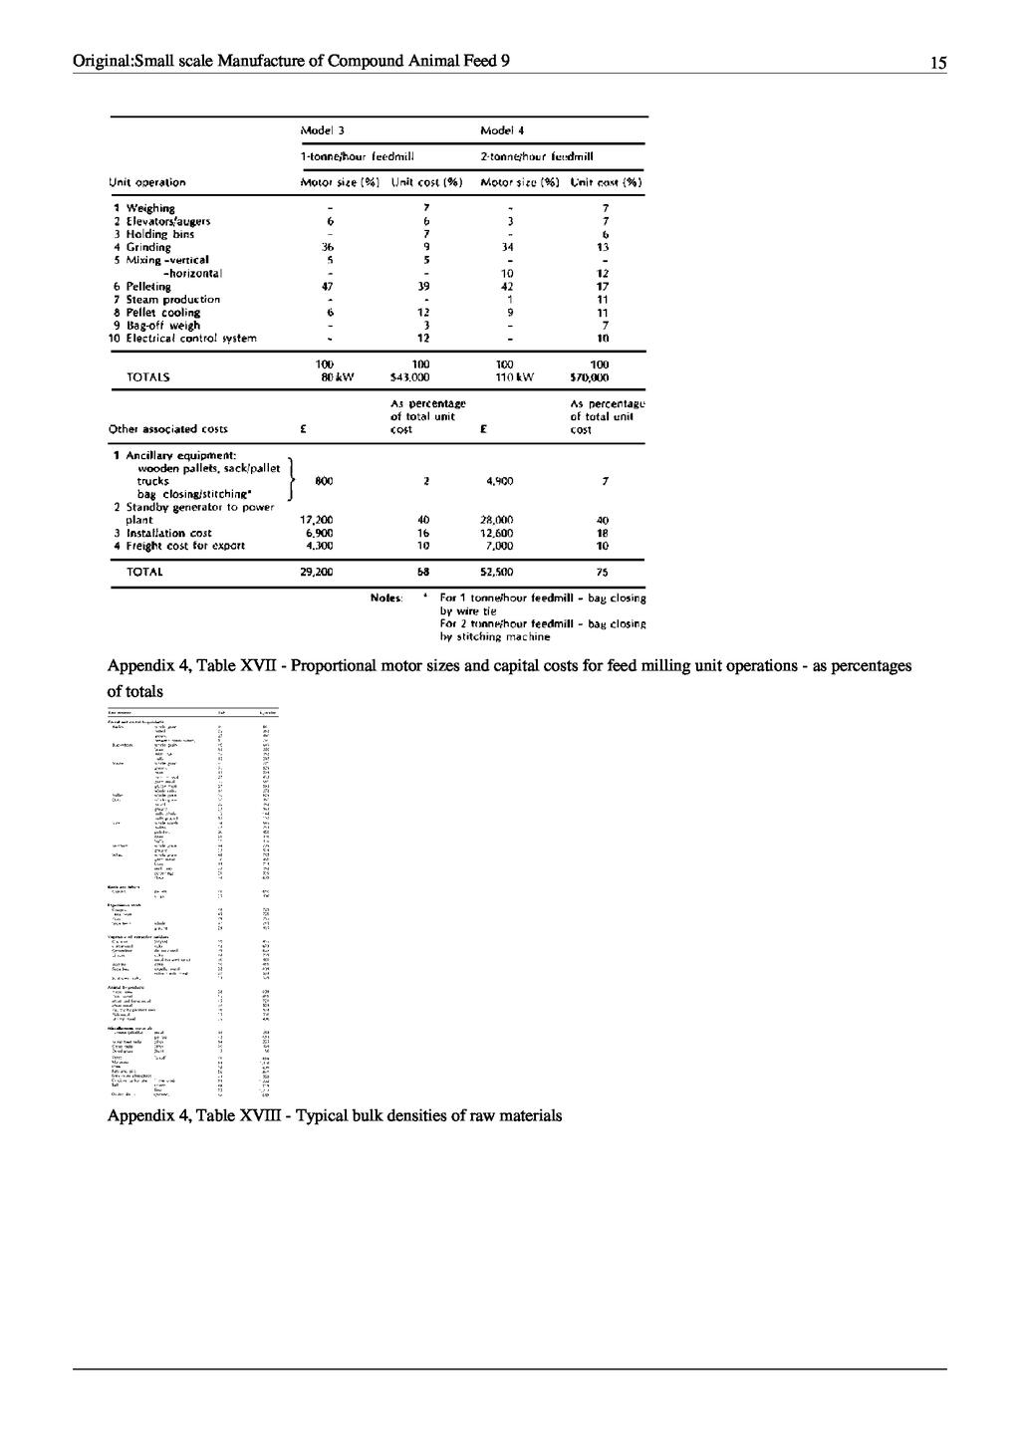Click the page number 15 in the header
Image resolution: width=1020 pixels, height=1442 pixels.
[938, 63]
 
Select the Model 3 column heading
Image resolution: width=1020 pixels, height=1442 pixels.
[323, 130]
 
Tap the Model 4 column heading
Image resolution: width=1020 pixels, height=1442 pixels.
[502, 130]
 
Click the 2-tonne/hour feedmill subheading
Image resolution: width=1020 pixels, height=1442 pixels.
[537, 156]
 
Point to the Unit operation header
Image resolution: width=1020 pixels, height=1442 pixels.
[146, 182]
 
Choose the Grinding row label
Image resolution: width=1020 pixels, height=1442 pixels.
[147, 247]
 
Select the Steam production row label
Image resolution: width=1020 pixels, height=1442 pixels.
[172, 299]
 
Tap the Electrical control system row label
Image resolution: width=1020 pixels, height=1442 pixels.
[190, 338]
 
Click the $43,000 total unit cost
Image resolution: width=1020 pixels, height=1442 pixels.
[409, 377]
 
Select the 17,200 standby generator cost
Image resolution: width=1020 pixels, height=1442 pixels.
[318, 520]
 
